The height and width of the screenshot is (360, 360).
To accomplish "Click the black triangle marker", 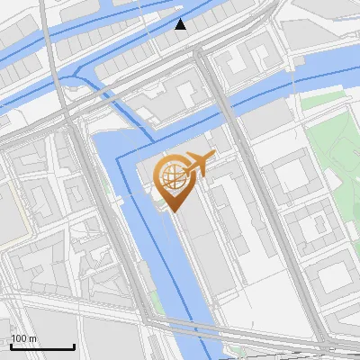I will (x=181, y=24).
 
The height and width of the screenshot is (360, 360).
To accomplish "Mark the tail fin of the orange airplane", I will (x=187, y=166).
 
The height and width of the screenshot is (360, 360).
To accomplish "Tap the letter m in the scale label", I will (x=32, y=339).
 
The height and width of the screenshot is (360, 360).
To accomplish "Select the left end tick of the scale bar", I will (x=10, y=346).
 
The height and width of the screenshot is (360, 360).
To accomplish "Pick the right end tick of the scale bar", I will (x=74, y=346).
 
